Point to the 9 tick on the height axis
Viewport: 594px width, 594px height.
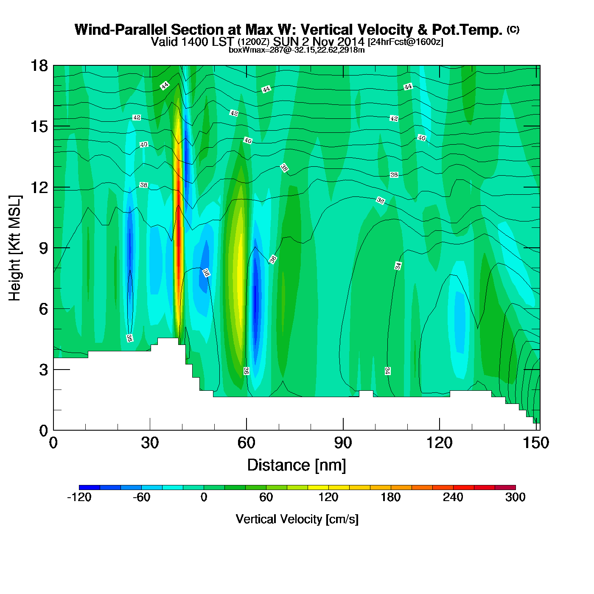pos(54,248)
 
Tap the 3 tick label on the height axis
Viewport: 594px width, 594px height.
pos(43,370)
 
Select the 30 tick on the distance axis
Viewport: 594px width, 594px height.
pos(150,430)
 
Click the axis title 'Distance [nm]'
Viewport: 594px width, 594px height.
pos(297,465)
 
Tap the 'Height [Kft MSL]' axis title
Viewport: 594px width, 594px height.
pos(15,248)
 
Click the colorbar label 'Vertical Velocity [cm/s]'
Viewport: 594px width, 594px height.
pos(297,519)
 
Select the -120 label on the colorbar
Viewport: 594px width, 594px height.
pos(79,497)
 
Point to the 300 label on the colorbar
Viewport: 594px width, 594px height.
pos(515,497)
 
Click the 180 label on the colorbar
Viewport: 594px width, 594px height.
pos(390,497)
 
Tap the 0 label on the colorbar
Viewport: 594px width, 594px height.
pos(204,497)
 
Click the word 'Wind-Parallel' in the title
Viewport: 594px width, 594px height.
pos(121,30)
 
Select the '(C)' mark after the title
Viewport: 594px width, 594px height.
pos(513,29)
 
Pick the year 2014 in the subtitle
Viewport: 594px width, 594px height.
pos(349,42)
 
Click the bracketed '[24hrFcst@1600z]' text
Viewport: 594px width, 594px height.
pos(405,42)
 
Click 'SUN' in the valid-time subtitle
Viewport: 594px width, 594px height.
pos(285,42)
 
